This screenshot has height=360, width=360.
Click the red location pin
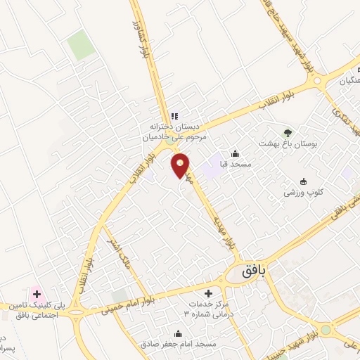click(181, 165)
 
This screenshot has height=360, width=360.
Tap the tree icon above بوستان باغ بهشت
click(287, 132)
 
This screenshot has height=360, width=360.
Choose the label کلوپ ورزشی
click(303, 191)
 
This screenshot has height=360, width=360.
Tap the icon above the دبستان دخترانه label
click(174, 116)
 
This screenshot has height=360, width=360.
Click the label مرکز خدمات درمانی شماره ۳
click(207, 309)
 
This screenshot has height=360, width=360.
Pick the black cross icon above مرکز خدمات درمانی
click(207, 293)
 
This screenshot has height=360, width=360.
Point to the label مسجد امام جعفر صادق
click(179, 344)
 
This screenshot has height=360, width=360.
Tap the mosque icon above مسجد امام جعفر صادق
click(179, 333)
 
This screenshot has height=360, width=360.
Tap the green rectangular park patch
click(81, 46)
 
